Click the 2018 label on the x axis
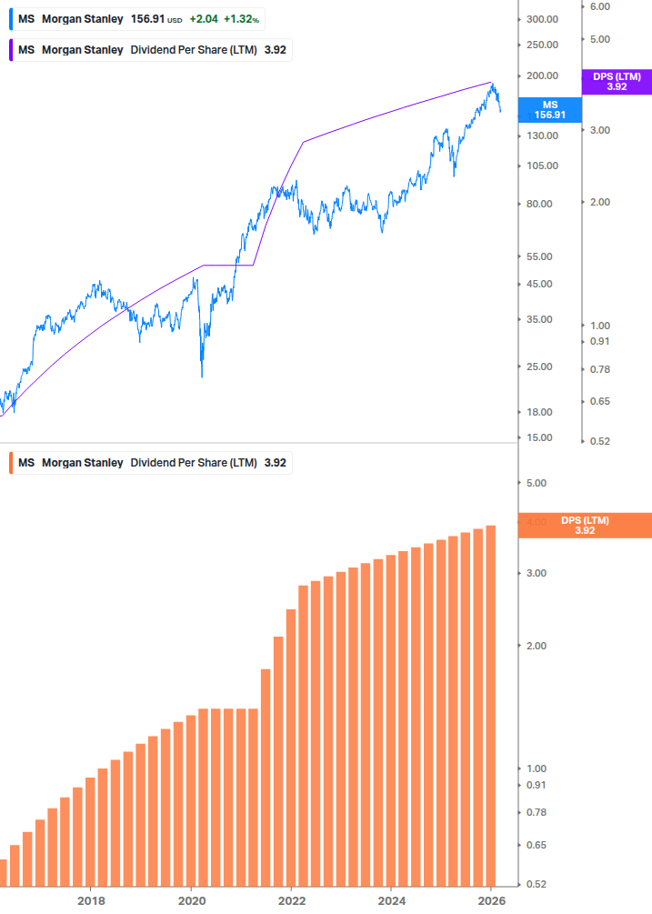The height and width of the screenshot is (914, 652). click(x=90, y=900)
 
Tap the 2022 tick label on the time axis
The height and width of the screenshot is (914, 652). click(x=291, y=900)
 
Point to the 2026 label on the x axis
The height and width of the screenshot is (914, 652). click(x=491, y=900)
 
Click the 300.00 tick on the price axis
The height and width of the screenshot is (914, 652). click(x=542, y=19)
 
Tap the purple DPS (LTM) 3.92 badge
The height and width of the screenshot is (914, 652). click(x=616, y=82)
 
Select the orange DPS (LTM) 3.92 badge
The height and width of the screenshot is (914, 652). click(x=584, y=525)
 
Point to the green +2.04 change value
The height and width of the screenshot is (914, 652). click(x=203, y=19)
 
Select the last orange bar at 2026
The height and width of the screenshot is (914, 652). click(x=490, y=705)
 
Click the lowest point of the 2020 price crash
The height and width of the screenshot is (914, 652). click(x=202, y=376)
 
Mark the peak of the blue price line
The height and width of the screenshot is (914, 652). click(x=492, y=84)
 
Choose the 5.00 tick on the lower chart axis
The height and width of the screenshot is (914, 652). click(x=537, y=484)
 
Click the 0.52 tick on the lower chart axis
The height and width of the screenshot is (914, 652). click(x=537, y=884)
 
